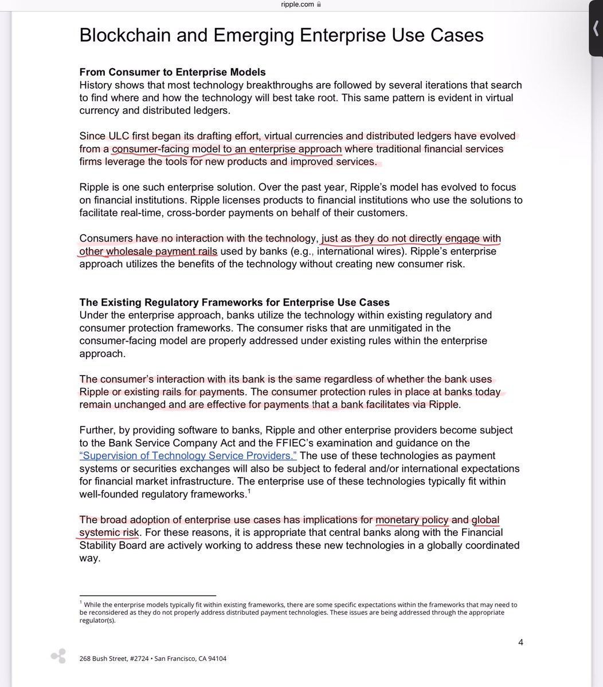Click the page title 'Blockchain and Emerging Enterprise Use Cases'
tap(281, 35)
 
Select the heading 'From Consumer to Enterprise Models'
tap(172, 72)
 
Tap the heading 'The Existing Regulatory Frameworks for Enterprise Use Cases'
tap(234, 302)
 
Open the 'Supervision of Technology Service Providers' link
tap(188, 456)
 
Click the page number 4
tap(520, 642)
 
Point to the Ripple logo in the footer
tap(58, 657)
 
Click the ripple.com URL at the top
tap(297, 4)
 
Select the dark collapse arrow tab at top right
tap(596, 29)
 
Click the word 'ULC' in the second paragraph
tap(117, 136)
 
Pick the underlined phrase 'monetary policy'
tap(412, 520)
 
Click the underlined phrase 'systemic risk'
tap(109, 532)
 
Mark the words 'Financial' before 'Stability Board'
tap(483, 532)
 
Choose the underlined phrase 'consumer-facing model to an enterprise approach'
tap(227, 149)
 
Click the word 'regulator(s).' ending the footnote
tap(98, 620)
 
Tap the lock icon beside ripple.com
tap(319, 4)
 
